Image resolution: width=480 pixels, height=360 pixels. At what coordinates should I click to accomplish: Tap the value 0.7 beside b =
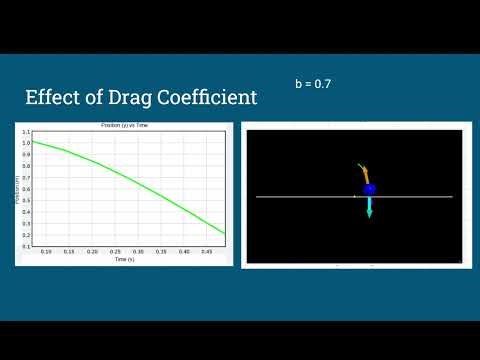coord(322,83)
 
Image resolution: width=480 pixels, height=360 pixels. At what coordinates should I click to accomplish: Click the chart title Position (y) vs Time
coord(125,124)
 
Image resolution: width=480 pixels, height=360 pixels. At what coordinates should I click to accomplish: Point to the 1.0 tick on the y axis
coord(25,143)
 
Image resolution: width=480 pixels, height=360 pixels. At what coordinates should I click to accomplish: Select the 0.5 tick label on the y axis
coord(25,200)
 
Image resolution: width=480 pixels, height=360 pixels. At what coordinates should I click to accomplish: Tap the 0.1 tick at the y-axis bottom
coord(25,245)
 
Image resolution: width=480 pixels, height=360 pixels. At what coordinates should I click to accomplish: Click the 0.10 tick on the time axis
coord(46,252)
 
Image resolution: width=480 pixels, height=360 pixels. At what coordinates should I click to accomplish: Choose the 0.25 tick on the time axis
coord(116,252)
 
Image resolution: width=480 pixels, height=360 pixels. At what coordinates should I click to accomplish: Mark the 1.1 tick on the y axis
coord(25,132)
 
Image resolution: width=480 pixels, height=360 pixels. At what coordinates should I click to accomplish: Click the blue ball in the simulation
coord(369,189)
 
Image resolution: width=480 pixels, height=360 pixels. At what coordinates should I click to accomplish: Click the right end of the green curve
coord(224,233)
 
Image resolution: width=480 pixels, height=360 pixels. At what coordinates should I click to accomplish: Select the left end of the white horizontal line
coord(258,197)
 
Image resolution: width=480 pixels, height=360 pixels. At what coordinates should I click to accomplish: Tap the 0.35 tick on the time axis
coord(162,252)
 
